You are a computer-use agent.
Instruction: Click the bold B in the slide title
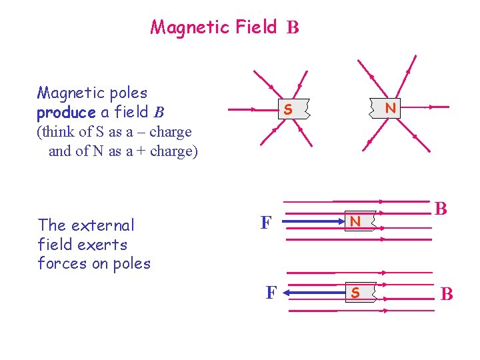coord(293,28)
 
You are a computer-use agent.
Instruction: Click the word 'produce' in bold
coord(66,113)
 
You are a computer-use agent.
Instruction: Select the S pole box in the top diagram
coord(287,109)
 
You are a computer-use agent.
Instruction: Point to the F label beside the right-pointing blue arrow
coord(265,223)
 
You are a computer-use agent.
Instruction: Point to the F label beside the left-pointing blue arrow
coord(271,293)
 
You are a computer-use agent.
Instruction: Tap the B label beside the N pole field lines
coord(441,209)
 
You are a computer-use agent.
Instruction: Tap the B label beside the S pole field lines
coord(447,293)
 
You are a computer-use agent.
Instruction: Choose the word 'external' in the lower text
coord(105,225)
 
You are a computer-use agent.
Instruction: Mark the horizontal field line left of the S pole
coord(250,109)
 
